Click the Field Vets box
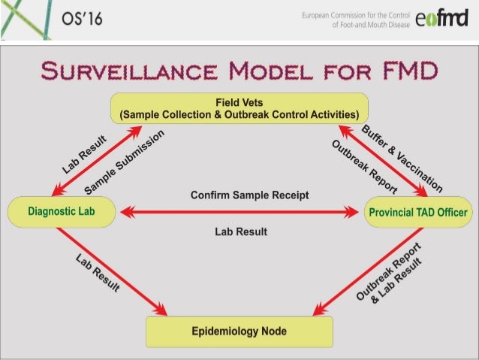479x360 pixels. click(239, 108)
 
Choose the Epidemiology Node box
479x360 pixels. click(239, 330)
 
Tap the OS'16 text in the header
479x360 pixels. click(77, 19)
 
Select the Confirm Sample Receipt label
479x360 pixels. click(239, 195)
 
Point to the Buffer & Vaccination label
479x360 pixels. click(402, 157)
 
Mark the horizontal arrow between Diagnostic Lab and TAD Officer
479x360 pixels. click(239, 213)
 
